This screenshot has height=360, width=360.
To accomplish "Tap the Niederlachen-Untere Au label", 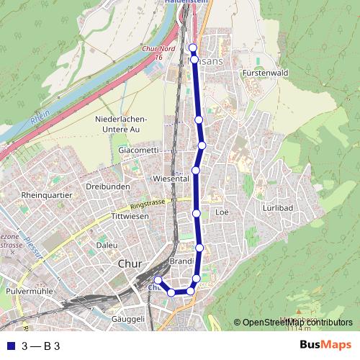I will coord(121,124).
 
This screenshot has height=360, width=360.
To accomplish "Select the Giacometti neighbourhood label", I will coord(138,150).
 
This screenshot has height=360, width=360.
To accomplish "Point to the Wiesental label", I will coord(171,178).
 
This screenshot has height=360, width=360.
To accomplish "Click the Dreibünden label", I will coord(107,186).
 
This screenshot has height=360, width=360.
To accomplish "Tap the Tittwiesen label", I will coord(130,216).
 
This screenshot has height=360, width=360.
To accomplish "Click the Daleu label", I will coord(107,246).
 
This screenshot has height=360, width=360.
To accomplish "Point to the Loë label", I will coord(222,212).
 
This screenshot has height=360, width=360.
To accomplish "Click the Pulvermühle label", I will coord(30,292).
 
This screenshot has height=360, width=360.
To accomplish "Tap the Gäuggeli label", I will coord(129,318).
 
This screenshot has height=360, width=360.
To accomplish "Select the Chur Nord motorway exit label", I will coord(155,53).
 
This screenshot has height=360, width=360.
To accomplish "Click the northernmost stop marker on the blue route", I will coord(192,48).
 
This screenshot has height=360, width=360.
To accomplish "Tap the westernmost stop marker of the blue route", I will coord(158,279).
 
